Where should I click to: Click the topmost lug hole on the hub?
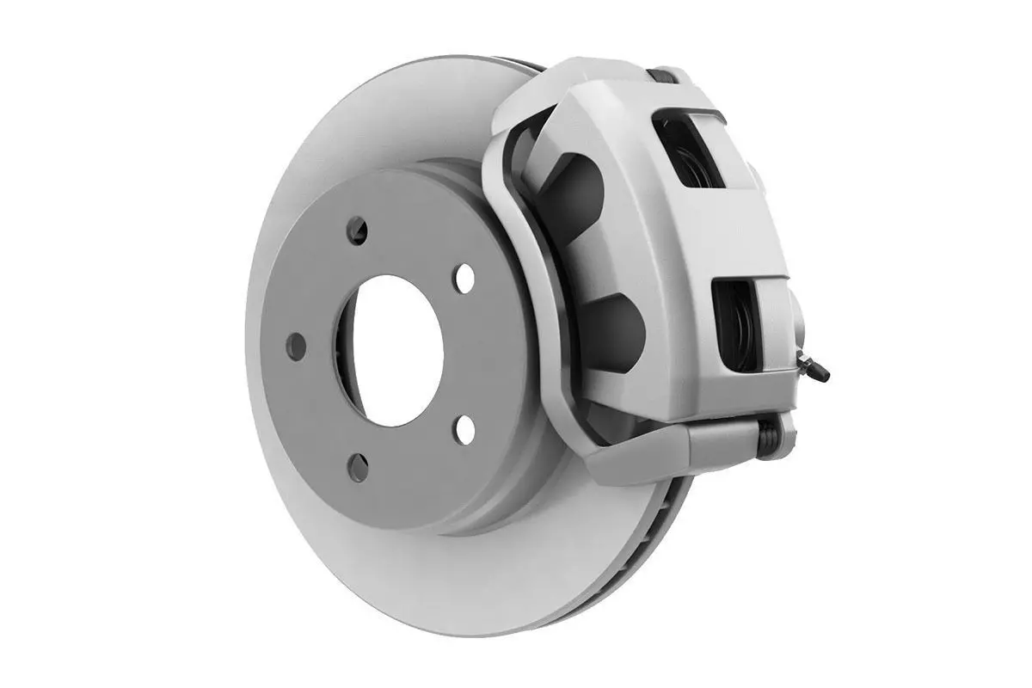(x=357, y=230)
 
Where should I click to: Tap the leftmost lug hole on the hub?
(x=297, y=347)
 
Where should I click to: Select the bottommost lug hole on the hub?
(x=358, y=467)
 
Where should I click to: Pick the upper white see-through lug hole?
(x=465, y=279)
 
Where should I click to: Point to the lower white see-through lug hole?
(x=465, y=428)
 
